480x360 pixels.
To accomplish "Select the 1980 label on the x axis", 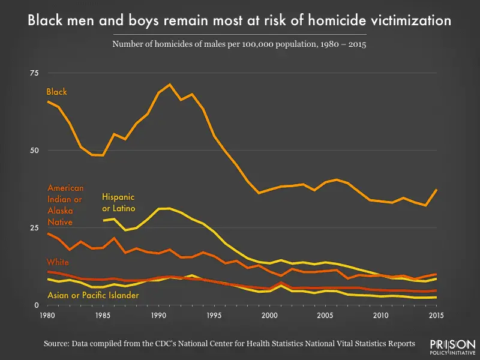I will (x=47, y=315).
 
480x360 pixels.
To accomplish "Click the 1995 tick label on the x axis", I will (x=214, y=315).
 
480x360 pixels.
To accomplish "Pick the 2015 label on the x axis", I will (x=436, y=315).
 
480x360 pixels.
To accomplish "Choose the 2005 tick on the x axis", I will (x=325, y=315).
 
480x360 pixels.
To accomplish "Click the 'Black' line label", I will (x=57, y=92).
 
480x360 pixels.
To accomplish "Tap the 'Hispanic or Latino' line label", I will (x=119, y=203).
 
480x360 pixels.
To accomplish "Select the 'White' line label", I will (x=58, y=263).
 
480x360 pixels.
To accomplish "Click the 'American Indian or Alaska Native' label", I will (x=65, y=205).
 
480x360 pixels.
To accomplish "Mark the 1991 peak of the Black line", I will (x=170, y=84).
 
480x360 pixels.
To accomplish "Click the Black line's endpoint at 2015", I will (x=436, y=190).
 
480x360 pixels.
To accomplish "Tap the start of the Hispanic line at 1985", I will (x=103, y=220).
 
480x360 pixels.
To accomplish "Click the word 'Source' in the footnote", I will (x=58, y=344).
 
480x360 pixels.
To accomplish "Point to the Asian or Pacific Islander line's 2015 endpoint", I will (x=436, y=297).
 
